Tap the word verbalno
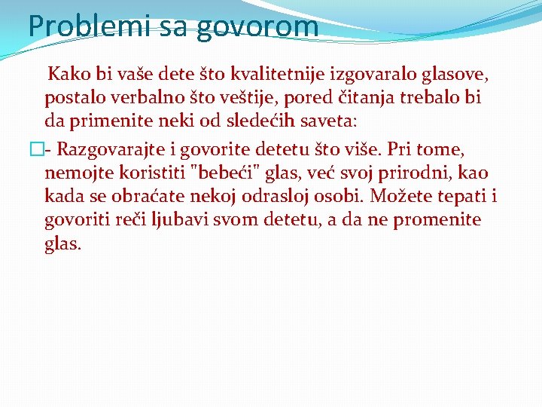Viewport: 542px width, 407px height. tap(146, 98)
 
